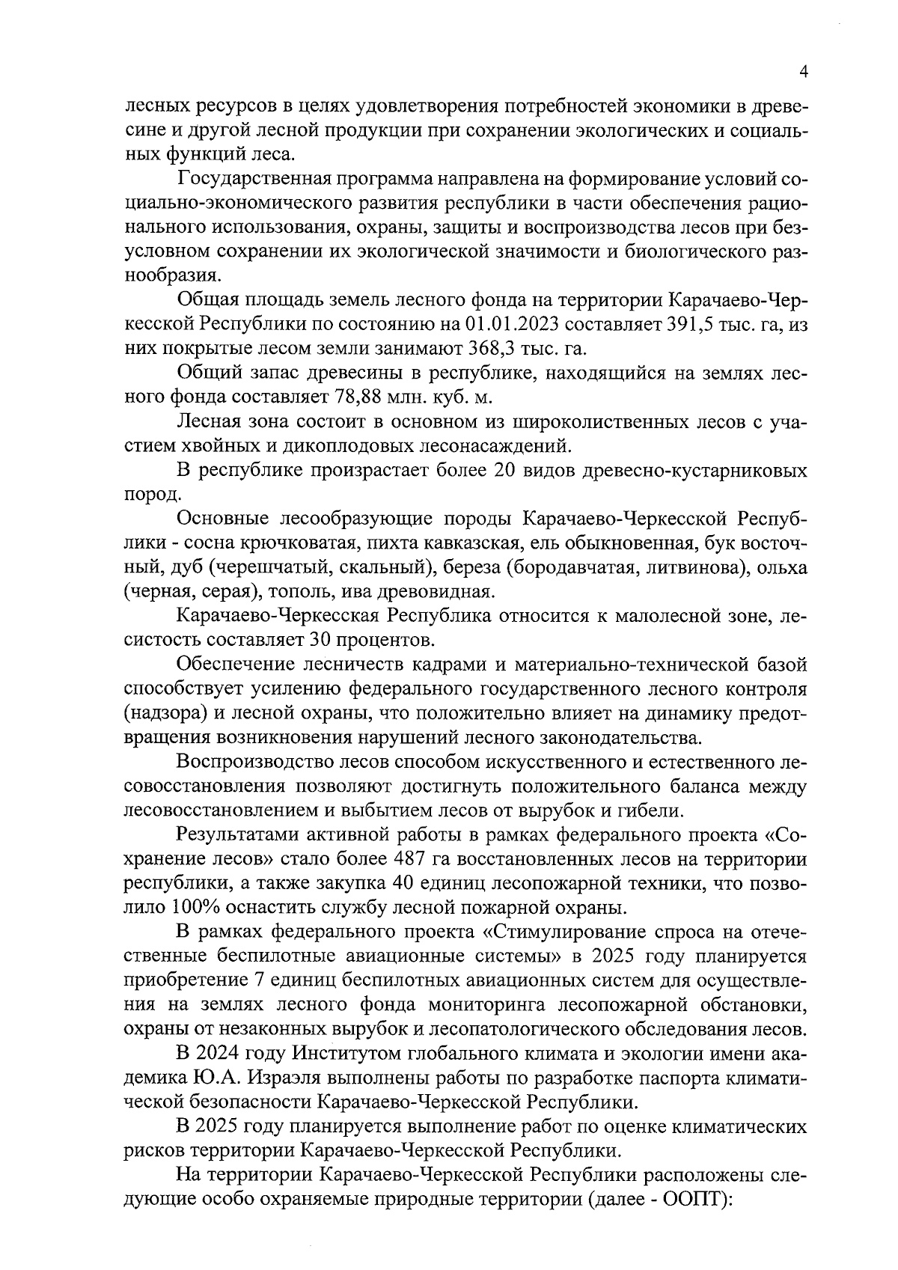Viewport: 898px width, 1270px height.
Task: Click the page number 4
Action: click(804, 72)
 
